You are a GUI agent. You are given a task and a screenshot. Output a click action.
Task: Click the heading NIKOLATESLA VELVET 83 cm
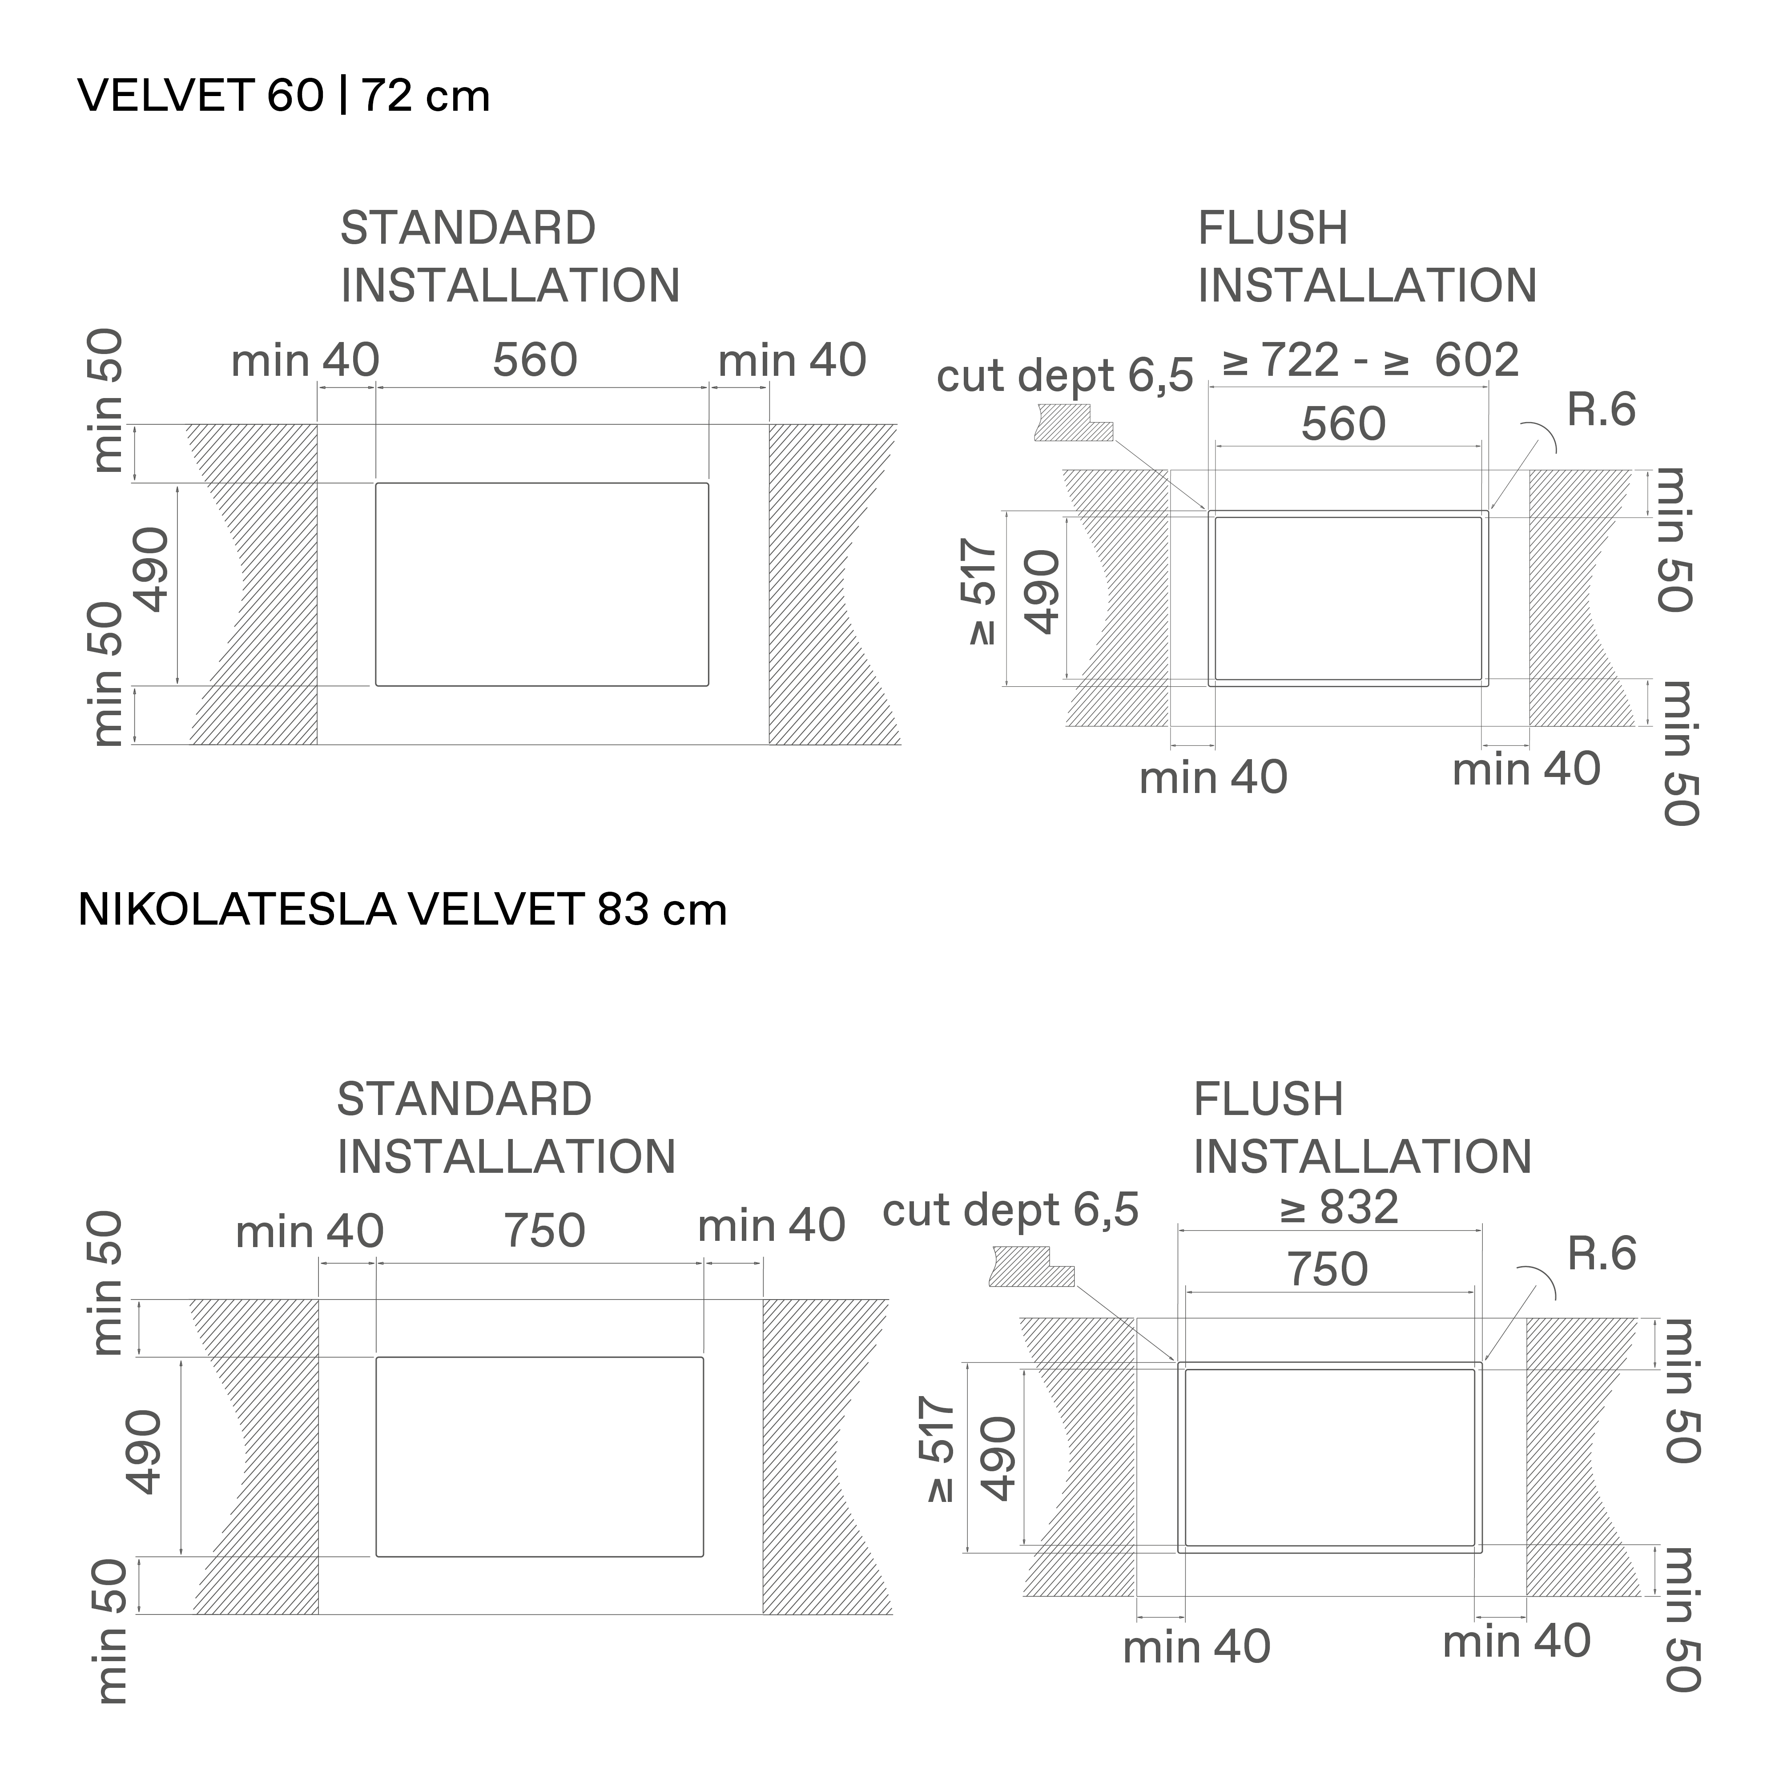[x=402, y=910]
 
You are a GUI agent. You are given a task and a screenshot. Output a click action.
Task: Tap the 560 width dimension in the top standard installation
[x=535, y=359]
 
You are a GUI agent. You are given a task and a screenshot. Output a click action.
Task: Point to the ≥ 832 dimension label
[x=1339, y=1207]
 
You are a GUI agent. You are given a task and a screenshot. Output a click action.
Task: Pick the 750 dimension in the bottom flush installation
[x=1327, y=1269]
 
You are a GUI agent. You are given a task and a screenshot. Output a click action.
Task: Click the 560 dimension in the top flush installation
[x=1344, y=423]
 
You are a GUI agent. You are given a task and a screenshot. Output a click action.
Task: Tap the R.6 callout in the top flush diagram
[x=1601, y=410]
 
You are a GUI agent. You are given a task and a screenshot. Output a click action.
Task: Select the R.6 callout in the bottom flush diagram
[x=1601, y=1253]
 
